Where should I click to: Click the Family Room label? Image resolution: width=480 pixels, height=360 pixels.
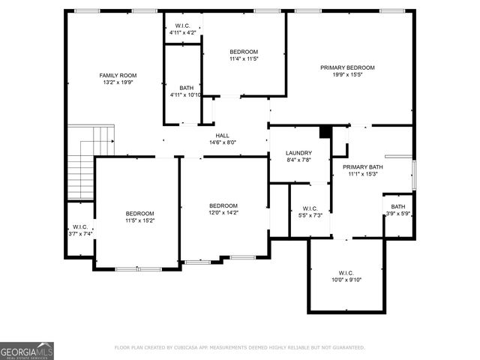(x=118, y=75)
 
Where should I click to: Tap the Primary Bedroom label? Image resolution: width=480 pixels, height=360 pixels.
(x=347, y=67)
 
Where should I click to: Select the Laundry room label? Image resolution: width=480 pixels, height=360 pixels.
(x=298, y=153)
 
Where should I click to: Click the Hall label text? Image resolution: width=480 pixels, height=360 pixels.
(x=222, y=136)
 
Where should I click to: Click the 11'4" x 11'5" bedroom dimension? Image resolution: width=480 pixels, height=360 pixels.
(x=244, y=58)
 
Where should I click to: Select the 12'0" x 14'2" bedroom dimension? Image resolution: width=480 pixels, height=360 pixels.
(x=223, y=212)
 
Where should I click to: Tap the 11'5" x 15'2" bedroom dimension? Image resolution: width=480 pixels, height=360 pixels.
(x=139, y=220)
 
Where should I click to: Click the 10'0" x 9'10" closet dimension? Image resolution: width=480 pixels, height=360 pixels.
(x=346, y=280)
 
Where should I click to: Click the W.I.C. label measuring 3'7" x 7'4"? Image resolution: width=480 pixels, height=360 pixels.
(x=80, y=226)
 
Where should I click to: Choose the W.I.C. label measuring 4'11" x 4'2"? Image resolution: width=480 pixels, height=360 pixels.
(x=182, y=25)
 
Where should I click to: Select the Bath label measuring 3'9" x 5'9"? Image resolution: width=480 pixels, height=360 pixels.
(x=397, y=206)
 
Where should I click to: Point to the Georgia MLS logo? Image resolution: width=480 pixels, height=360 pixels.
(x=26, y=350)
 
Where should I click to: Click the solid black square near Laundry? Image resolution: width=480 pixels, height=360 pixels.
(x=325, y=131)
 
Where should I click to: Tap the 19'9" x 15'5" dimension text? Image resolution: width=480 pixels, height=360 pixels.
(x=347, y=75)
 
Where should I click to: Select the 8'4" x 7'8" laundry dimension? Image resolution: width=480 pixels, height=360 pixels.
(x=298, y=160)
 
